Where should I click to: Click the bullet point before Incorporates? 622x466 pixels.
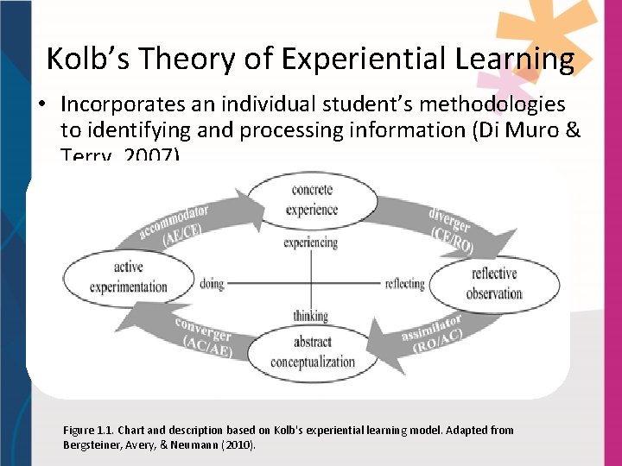tap(40, 105)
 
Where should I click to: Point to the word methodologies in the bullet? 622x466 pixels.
tap(492, 105)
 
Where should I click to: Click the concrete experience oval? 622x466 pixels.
tap(312, 200)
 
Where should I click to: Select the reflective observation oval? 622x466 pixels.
tap(494, 283)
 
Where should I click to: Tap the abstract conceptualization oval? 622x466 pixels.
tap(312, 351)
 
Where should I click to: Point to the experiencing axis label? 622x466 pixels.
tap(310, 243)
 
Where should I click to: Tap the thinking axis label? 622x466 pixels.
tap(310, 317)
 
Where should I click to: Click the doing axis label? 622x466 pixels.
tap(212, 283)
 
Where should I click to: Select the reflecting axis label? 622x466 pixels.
tap(404, 283)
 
